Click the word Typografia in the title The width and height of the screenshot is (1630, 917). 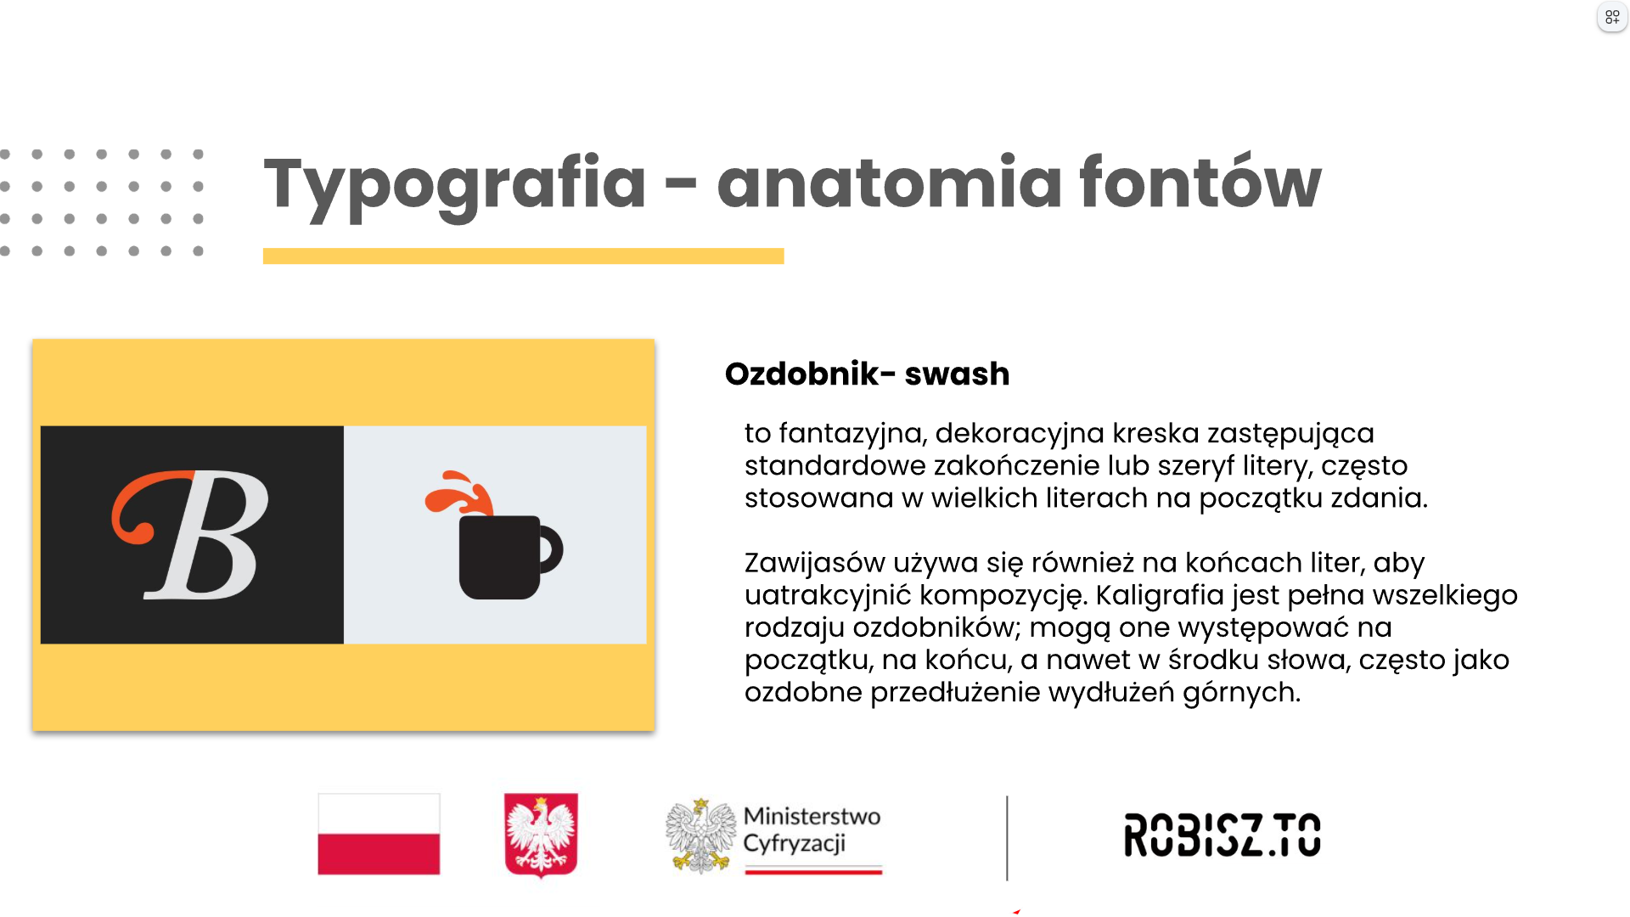point(455,185)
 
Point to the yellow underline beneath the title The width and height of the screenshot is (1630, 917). point(523,256)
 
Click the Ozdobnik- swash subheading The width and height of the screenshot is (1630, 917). point(867,374)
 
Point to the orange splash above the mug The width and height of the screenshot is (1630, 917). point(458,492)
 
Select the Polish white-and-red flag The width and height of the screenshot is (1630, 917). point(379,834)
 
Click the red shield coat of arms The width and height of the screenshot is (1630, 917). point(541,835)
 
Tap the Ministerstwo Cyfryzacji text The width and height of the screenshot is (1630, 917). point(812,830)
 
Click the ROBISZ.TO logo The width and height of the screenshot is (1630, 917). point(1222,835)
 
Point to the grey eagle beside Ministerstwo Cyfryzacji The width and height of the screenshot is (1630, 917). point(700,835)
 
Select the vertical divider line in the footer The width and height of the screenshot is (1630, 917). point(1007,838)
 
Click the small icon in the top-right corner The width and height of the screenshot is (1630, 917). point(1612,17)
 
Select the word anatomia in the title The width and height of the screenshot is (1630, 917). point(889,182)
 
